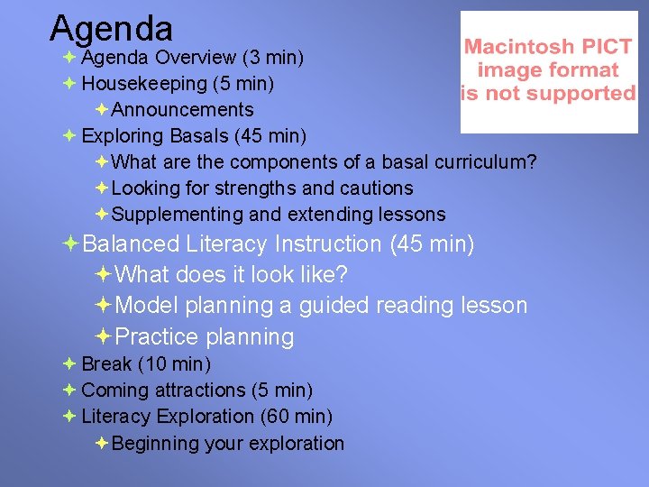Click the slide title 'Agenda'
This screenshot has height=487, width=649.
[111, 28]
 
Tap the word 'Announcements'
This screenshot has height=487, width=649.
[183, 110]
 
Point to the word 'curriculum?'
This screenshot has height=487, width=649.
[486, 162]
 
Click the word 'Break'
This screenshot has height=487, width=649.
[106, 364]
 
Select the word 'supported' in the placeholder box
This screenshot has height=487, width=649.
[590, 93]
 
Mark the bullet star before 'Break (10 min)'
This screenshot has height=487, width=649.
[69, 364]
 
